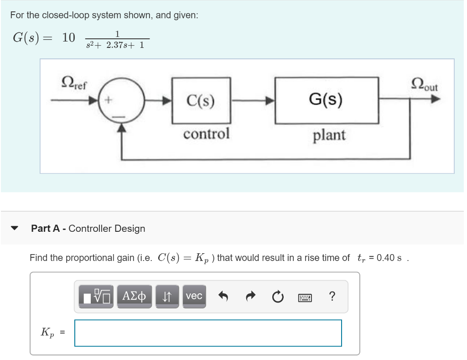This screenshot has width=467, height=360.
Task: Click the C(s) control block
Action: pyautogui.click(x=201, y=100)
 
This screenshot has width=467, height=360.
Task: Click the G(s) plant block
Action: pyautogui.click(x=327, y=100)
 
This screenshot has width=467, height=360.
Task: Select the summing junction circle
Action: pyautogui.click(x=121, y=100)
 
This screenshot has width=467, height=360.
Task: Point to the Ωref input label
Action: pyautogui.click(x=75, y=83)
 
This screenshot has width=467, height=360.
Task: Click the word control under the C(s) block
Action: pyautogui.click(x=206, y=134)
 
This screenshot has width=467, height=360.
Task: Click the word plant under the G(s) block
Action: pyautogui.click(x=329, y=135)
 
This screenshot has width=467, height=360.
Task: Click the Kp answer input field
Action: pyautogui.click(x=208, y=333)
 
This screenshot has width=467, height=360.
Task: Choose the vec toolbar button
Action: pyautogui.click(x=194, y=296)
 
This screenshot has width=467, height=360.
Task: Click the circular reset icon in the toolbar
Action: pyautogui.click(x=277, y=297)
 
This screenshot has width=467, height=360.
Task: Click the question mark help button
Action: pyautogui.click(x=332, y=297)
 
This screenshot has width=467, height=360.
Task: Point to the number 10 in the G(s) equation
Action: pyautogui.click(x=68, y=38)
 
